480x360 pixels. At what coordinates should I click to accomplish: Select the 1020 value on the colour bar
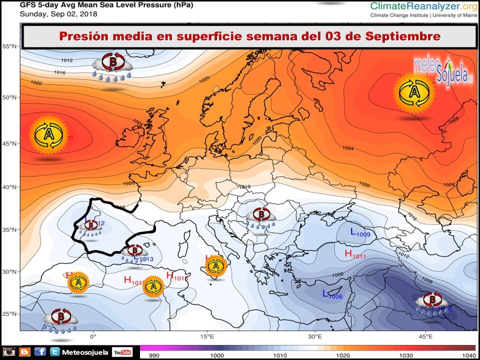[x=342, y=355]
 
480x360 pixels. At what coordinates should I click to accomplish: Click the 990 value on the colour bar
[x=151, y=355]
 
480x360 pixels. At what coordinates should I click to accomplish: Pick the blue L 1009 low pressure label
[x=360, y=232]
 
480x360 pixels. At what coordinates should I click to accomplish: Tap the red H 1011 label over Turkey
[x=355, y=254]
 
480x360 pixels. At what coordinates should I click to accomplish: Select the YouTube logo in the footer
[x=122, y=352]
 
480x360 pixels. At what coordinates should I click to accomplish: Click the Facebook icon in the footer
[x=40, y=352]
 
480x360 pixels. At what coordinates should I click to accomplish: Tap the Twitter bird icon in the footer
[x=55, y=352]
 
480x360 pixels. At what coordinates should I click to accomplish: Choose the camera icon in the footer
[x=9, y=352]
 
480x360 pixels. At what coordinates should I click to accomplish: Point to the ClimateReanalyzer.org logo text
[x=422, y=6]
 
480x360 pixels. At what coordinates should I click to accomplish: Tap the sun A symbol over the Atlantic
[x=48, y=135]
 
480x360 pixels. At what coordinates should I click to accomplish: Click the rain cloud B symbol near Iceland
[x=113, y=64]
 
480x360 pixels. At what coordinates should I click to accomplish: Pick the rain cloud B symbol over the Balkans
[x=260, y=216]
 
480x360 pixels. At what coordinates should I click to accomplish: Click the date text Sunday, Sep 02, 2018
[x=58, y=14]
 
